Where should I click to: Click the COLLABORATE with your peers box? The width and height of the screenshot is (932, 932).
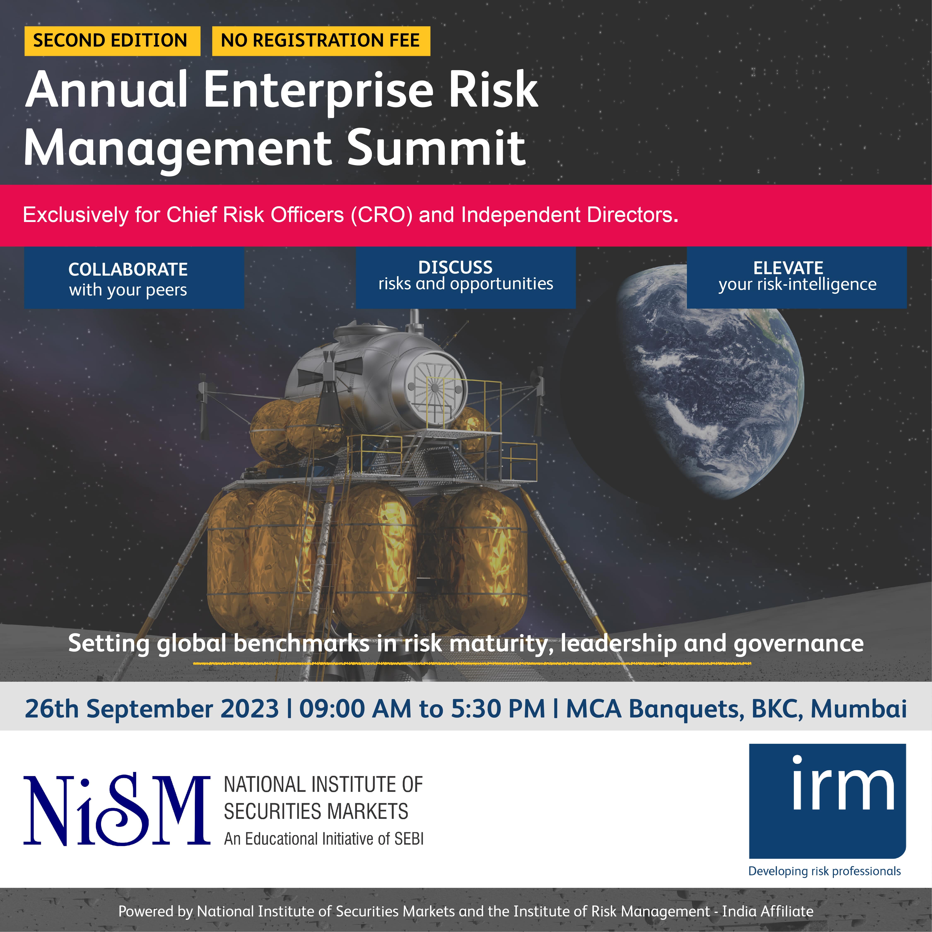134,278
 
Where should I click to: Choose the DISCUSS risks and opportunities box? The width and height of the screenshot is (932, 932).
465,277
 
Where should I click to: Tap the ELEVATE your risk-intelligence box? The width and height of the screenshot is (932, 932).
796,277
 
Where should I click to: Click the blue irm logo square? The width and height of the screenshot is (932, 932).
827,801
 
